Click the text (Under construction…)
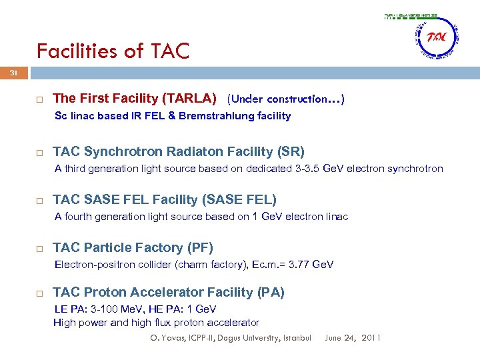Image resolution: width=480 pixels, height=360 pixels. (x=286, y=99)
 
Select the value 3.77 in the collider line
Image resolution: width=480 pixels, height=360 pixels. (x=300, y=265)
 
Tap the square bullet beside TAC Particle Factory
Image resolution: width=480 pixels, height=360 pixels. (x=40, y=249)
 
